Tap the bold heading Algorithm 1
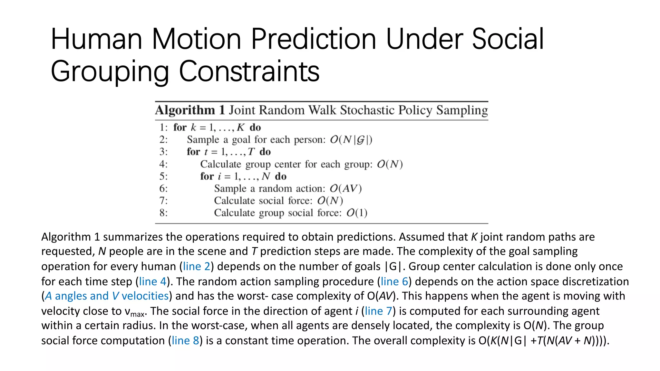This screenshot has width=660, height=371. click(189, 110)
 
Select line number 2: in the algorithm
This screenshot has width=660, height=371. click(163, 140)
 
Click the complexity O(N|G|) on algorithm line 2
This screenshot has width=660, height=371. click(351, 140)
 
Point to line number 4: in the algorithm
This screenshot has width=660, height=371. click(163, 164)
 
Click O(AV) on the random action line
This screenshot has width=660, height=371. click(345, 189)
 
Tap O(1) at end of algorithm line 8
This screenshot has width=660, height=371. click(357, 213)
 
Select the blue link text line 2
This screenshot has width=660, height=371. click(196, 266)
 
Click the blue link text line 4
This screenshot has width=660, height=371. click(152, 281)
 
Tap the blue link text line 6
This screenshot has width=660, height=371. click(394, 281)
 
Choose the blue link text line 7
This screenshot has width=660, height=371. click(378, 311)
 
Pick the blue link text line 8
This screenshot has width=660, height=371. click(185, 341)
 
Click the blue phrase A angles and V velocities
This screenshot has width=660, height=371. click(107, 296)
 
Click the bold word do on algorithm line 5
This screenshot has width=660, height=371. click(280, 176)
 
